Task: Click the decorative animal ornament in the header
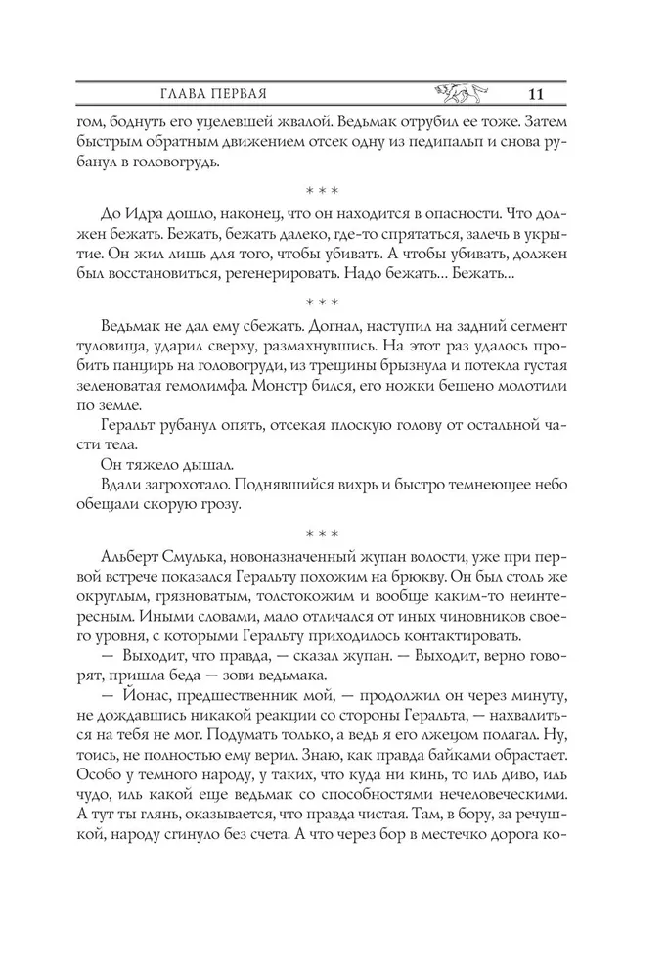[x=457, y=93]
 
